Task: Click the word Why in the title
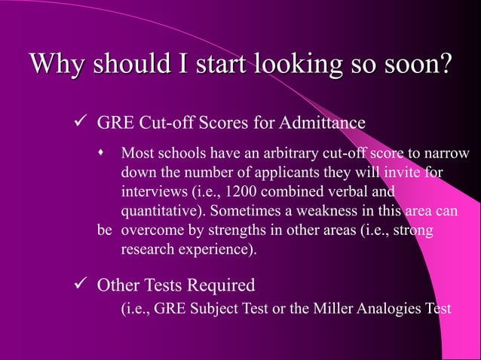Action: [x=54, y=65]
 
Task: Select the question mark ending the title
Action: [x=445, y=65]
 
